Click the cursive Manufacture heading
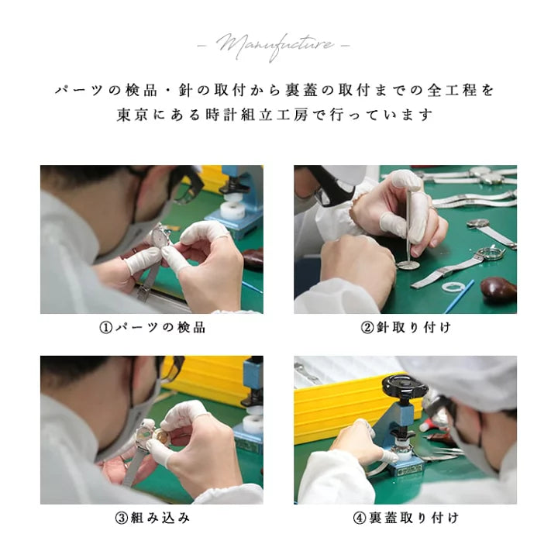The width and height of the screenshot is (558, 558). click(x=274, y=46)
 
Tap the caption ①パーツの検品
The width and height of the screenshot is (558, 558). click(x=152, y=327)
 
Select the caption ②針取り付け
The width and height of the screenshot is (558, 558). click(x=405, y=327)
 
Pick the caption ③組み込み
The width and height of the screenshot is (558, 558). click(x=152, y=518)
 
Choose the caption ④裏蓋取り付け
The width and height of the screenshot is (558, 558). click(x=405, y=518)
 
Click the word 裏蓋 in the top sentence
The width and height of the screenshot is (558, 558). click(x=301, y=91)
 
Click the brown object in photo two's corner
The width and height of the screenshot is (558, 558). click(x=498, y=289)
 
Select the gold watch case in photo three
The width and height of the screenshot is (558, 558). click(x=160, y=436)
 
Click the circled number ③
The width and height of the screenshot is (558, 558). click(x=122, y=518)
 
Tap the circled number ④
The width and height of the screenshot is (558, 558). click(x=359, y=518)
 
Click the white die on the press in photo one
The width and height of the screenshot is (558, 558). click(x=232, y=210)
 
